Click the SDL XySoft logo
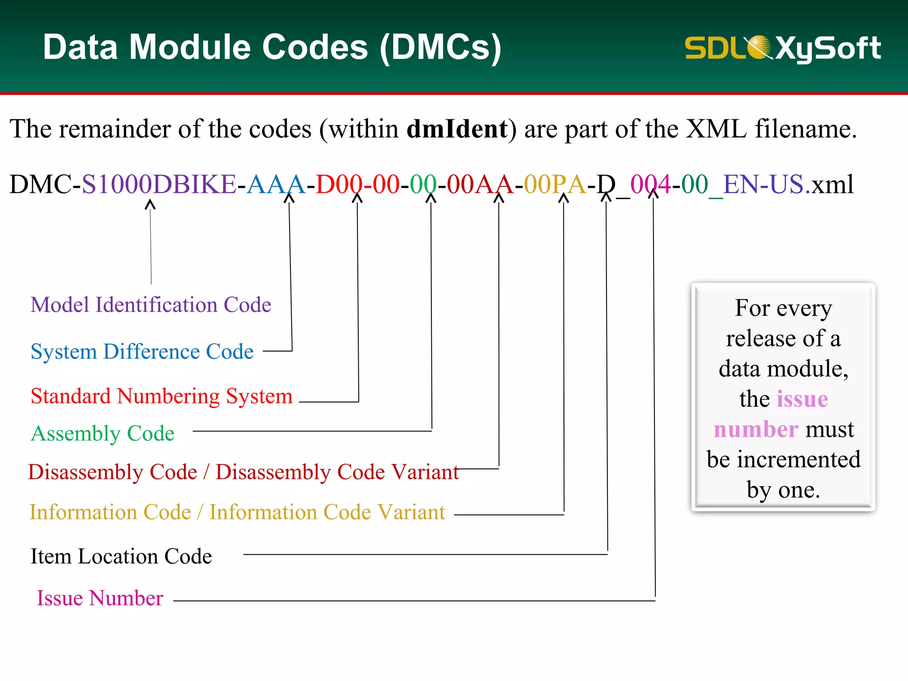[783, 48]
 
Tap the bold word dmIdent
[457, 129]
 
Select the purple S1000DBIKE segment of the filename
[159, 184]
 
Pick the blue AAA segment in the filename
[276, 184]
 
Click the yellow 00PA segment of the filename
[555, 184]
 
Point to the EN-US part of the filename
[763, 184]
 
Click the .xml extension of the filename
[830, 184]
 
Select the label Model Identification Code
[151, 305]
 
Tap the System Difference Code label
[142, 352]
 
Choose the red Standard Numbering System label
[161, 396]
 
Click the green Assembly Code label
[102, 433]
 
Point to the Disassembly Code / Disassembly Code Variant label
[243, 472]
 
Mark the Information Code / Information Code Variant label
[237, 512]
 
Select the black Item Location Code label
[121, 556]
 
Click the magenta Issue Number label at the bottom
[100, 598]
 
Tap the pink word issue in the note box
[802, 399]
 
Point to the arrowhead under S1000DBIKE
[150, 204]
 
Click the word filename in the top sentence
[806, 129]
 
